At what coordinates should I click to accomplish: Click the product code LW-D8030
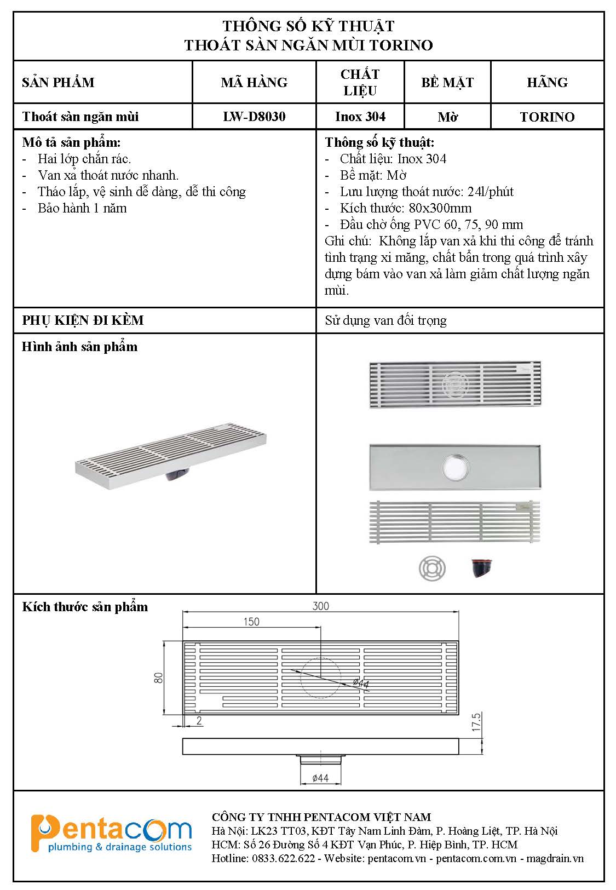(254, 117)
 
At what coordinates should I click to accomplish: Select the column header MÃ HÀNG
(254, 82)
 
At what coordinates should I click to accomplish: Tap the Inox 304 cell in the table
(360, 117)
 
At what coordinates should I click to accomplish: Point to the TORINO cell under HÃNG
(547, 117)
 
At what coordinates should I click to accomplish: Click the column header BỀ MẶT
(447, 82)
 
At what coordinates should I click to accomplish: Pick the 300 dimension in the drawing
(320, 605)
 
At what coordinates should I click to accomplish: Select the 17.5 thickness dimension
(476, 722)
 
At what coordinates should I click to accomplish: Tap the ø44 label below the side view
(320, 778)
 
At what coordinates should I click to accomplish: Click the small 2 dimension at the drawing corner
(199, 721)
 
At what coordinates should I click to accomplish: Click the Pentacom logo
(111, 834)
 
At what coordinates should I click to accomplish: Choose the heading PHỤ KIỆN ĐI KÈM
(83, 320)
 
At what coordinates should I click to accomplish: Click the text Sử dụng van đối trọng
(385, 320)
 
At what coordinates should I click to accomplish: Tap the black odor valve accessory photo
(481, 568)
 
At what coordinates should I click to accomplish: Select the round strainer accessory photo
(432, 569)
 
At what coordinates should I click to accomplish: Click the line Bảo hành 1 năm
(82, 208)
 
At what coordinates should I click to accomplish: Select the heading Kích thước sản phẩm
(85, 607)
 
